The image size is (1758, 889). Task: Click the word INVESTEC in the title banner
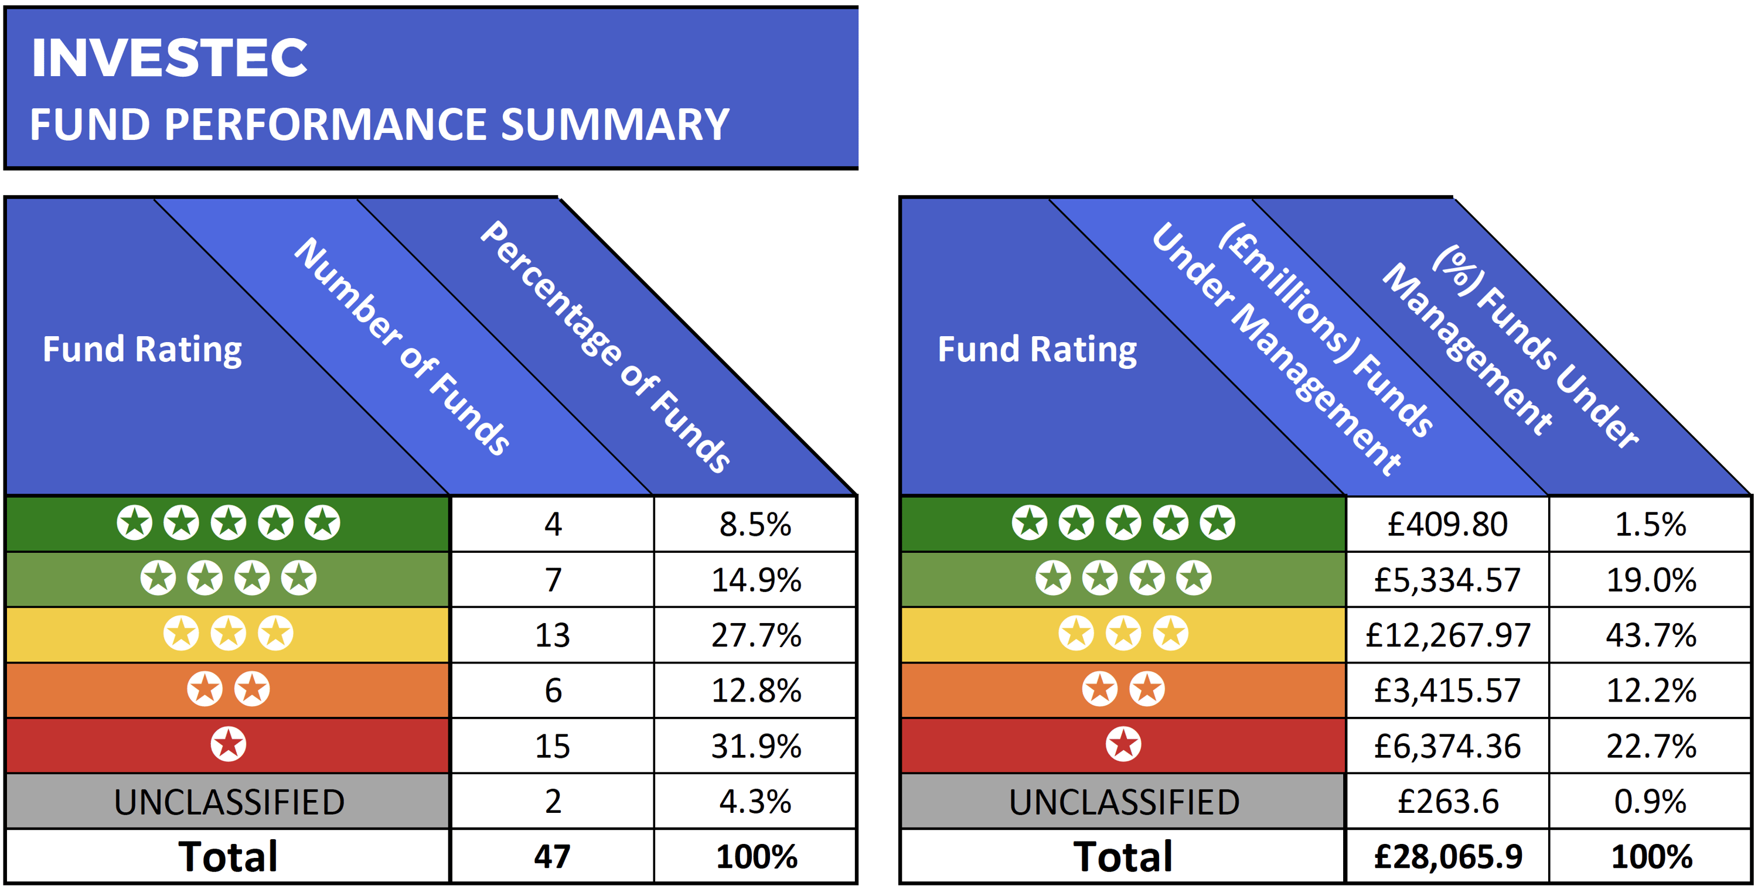click(x=169, y=58)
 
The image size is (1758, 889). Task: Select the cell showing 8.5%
click(x=755, y=525)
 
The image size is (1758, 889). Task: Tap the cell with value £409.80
click(x=1447, y=525)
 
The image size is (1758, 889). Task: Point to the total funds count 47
click(x=551, y=857)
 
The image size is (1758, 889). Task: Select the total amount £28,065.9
click(x=1447, y=857)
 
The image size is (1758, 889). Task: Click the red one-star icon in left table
click(x=228, y=744)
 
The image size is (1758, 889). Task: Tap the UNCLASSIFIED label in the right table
click(x=1123, y=802)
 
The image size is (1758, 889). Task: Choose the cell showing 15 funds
click(x=551, y=746)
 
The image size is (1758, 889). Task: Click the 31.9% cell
click(x=755, y=746)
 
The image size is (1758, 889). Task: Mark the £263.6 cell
click(x=1447, y=802)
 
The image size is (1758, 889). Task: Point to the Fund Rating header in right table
click(x=1037, y=349)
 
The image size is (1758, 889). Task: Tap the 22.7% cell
click(x=1650, y=746)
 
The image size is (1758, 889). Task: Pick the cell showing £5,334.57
click(x=1447, y=580)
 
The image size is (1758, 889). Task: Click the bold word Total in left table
click(x=228, y=857)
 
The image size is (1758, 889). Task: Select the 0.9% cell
click(x=1650, y=802)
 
